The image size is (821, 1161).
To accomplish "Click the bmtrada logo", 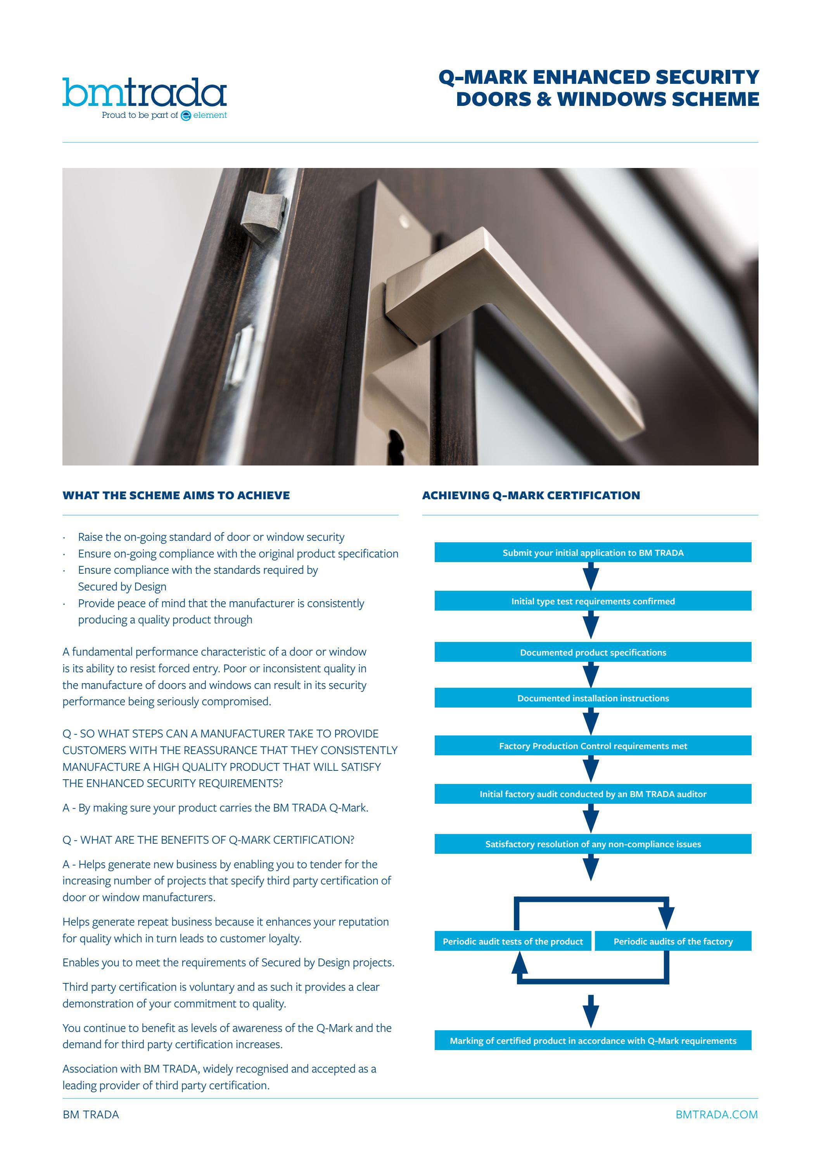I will [144, 93].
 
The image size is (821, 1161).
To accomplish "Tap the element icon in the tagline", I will [186, 116].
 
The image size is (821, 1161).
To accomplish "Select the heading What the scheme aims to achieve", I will [176, 496].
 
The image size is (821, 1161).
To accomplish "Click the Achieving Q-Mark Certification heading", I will [531, 496].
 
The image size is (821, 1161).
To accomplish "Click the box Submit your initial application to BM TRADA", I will [593, 553].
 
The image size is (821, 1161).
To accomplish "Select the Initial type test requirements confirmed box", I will [593, 601].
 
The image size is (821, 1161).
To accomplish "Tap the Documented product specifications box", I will [593, 652].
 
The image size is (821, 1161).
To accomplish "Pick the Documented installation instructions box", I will [593, 698].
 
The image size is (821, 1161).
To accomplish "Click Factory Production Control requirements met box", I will [593, 746].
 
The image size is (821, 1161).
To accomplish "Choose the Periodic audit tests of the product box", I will [513, 941].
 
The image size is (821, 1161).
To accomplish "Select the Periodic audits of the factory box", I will [672, 941].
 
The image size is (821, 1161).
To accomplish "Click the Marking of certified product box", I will [593, 1041].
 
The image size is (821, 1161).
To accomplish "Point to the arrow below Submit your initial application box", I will [591, 576].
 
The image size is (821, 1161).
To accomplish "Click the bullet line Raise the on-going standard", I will [211, 537].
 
